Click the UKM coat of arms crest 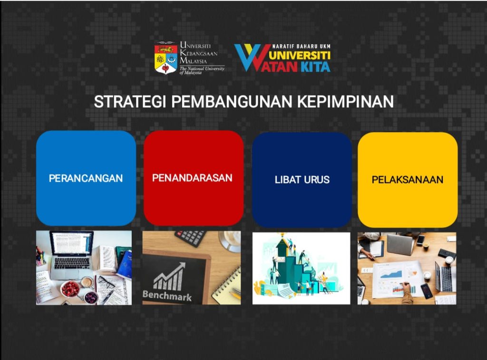pyautogui.click(x=166, y=58)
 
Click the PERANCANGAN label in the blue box pyautogui.click(x=86, y=178)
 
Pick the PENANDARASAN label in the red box pyautogui.click(x=192, y=178)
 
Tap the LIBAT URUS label pyautogui.click(x=302, y=180)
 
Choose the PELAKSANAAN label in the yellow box pyautogui.click(x=408, y=180)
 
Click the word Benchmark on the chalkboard pyautogui.click(x=167, y=295)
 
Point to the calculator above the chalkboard pyautogui.click(x=190, y=238)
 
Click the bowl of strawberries pyautogui.click(x=70, y=289)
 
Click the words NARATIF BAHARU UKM pyautogui.click(x=301, y=47)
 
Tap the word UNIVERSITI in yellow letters pyautogui.click(x=300, y=56)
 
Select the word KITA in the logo pyautogui.click(x=316, y=67)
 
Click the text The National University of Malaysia pyautogui.click(x=202, y=70)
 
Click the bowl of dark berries pyautogui.click(x=91, y=297)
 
